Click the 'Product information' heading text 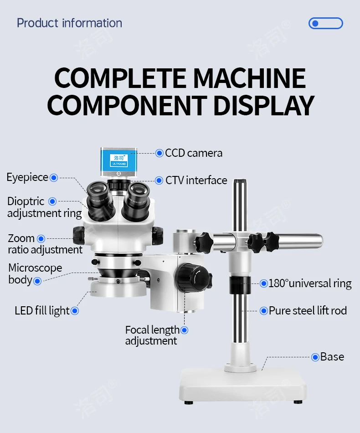pyautogui.click(x=69, y=23)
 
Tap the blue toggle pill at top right pyautogui.click(x=326, y=23)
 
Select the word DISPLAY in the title pyautogui.click(x=264, y=105)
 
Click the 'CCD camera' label pyautogui.click(x=194, y=153)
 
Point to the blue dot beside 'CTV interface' pyautogui.click(x=159, y=180)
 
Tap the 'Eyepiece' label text pyautogui.click(x=27, y=177)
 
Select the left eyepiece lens pyautogui.click(x=98, y=190)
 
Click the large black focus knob pyautogui.click(x=190, y=277)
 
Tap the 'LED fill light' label pyautogui.click(x=42, y=311)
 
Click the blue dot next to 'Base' pyautogui.click(x=315, y=357)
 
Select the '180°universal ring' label pyautogui.click(x=310, y=284)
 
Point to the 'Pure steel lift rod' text pyautogui.click(x=308, y=311)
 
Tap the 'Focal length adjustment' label pyautogui.click(x=152, y=335)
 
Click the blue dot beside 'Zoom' pyautogui.click(x=41, y=238)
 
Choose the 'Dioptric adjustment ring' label pyautogui.click(x=45, y=207)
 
